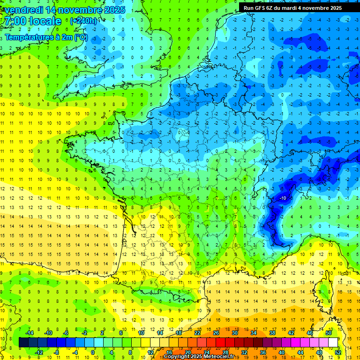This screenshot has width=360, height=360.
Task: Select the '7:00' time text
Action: (14, 21)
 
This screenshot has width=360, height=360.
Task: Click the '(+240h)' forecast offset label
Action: (84, 21)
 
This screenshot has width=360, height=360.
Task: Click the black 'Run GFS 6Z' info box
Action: (293, 7)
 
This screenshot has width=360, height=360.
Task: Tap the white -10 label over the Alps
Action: (283, 198)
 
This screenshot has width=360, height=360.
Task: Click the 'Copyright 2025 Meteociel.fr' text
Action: (199, 357)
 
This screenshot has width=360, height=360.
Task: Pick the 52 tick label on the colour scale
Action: (338, 352)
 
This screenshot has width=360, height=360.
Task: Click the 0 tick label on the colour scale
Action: (93, 352)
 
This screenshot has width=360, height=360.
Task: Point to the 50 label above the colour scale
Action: (329, 333)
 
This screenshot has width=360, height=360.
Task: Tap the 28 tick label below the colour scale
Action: (225, 352)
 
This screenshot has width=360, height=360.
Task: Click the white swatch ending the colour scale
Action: (333, 342)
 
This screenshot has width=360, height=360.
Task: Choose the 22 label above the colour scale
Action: (197, 333)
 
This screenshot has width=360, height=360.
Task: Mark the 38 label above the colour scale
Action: (272, 333)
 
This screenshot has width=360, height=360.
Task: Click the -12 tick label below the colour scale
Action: (39, 352)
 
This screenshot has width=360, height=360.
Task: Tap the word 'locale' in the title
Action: (45, 21)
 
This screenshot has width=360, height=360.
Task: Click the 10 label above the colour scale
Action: (141, 333)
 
